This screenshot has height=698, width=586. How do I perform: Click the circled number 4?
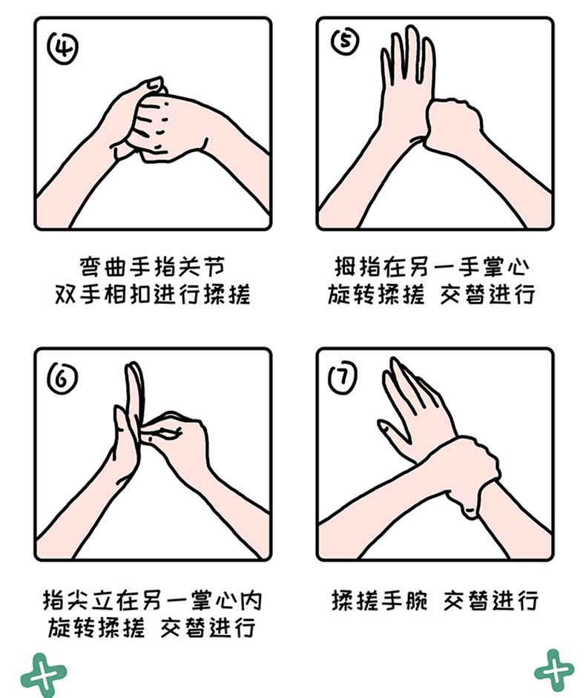(x=63, y=48)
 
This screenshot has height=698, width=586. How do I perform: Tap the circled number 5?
(x=345, y=41)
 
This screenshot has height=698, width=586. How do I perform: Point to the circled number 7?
(x=343, y=378)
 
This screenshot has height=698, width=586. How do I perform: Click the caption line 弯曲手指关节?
(x=152, y=266)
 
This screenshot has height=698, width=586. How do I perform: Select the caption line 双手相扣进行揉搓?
(x=152, y=294)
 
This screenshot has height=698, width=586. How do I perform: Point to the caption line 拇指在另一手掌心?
(x=432, y=266)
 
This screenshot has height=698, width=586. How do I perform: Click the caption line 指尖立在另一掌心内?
(x=152, y=601)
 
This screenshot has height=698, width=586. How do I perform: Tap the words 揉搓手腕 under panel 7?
(x=379, y=601)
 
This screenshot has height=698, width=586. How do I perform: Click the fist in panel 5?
(x=453, y=125)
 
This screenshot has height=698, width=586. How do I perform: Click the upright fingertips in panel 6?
(x=134, y=378)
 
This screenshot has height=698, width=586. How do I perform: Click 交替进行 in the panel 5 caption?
(x=487, y=294)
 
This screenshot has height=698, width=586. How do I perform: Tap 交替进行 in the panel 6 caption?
(x=208, y=628)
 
